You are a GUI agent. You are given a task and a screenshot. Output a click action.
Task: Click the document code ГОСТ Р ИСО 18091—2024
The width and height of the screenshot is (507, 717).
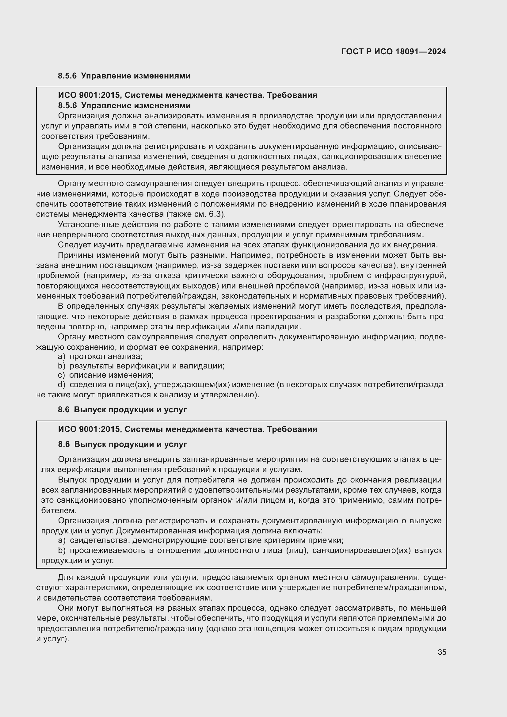point(394,51)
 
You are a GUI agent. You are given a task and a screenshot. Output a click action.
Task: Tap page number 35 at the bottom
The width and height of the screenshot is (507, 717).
point(442,652)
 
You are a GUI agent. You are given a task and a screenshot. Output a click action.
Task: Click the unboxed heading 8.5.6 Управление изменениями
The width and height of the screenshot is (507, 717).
point(124,76)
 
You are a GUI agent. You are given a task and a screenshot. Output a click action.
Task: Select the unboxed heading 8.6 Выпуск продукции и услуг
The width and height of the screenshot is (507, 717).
point(122,410)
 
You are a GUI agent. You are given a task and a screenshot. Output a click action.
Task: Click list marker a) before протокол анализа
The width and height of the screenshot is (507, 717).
point(62,356)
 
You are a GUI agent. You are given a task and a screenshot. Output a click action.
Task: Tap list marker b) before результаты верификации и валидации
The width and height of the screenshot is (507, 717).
point(62,366)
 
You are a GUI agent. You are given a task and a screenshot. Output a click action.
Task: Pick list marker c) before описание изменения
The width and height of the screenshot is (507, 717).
point(61,375)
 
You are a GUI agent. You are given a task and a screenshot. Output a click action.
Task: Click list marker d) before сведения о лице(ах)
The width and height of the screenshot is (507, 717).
point(62,385)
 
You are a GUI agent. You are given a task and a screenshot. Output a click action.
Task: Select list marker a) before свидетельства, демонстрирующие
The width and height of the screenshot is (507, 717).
point(62,540)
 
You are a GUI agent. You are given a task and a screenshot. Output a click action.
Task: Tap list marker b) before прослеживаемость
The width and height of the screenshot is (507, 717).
point(62,550)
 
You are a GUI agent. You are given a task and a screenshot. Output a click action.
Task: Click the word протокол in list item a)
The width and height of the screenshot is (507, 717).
point(86,356)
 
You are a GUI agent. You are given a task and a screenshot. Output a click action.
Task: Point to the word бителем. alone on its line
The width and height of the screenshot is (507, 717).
point(59,511)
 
